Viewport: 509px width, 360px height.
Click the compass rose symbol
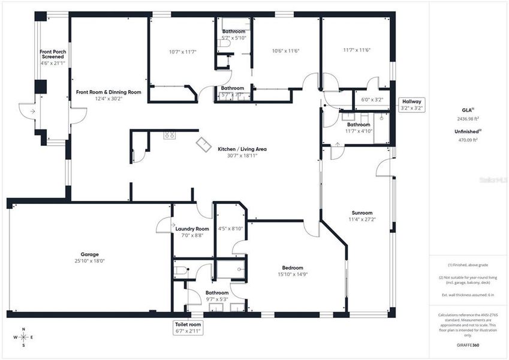[x=23, y=337]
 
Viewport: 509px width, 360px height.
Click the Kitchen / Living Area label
[x=242, y=152]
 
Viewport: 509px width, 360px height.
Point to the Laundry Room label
[x=192, y=232]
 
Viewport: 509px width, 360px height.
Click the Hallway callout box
[x=412, y=105]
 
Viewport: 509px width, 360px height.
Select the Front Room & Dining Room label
[x=109, y=95]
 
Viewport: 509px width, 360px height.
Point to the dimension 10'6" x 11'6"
[x=285, y=51]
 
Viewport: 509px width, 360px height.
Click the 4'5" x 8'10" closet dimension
[x=230, y=228]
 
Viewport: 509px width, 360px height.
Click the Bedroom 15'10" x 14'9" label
[x=293, y=271]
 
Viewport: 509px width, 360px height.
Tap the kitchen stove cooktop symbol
[x=170, y=135]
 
